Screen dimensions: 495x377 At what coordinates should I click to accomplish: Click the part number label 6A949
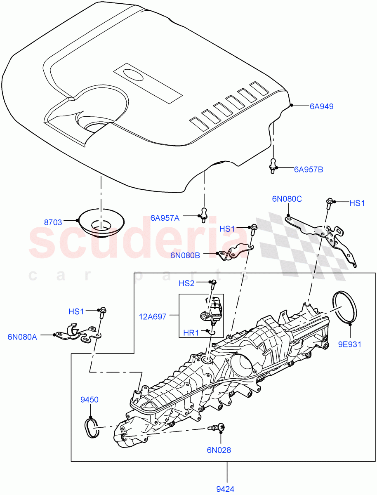coord(321,106)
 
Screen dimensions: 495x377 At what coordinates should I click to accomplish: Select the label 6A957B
coord(308,169)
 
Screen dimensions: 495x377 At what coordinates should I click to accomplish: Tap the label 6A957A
coord(165,218)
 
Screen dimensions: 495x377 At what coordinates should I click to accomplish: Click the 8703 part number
coord(53,222)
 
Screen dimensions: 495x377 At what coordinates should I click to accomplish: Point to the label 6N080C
coord(287,199)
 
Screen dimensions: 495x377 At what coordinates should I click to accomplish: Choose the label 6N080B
coord(185,256)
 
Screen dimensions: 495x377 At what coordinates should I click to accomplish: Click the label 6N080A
coord(22,337)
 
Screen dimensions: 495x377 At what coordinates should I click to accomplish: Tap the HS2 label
coord(186,283)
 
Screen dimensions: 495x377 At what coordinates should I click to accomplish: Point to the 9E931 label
coord(350,344)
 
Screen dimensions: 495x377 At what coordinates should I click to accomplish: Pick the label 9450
coord(90,400)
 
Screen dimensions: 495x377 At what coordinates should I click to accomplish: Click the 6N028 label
coord(219,450)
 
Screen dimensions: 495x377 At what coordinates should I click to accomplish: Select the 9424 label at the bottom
coord(225,489)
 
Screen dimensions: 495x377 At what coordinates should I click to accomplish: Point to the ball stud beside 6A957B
coord(273,165)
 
